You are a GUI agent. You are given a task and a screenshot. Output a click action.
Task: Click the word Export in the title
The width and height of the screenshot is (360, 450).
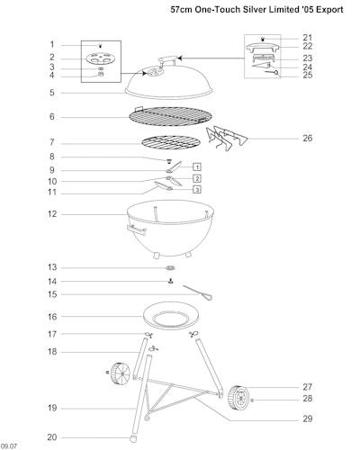pos(329,10)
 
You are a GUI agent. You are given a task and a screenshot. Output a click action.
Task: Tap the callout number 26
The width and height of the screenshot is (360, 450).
pos(308,139)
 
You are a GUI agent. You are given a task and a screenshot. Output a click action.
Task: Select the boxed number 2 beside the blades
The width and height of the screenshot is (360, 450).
pos(197,178)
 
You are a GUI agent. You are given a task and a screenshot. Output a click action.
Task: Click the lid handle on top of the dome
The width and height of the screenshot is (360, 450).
pos(166,60)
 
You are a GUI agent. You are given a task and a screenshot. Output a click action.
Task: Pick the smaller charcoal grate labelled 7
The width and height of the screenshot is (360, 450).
pos(171,143)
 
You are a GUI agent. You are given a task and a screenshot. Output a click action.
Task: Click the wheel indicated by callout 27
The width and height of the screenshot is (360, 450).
pos(238,398)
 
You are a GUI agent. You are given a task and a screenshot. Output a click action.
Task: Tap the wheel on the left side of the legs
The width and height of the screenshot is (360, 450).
pos(120,374)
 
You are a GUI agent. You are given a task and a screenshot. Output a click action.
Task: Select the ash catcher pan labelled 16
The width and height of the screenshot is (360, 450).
pos(171,316)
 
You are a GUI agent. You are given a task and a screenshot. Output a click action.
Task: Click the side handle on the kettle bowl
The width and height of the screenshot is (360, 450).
pos(136,230)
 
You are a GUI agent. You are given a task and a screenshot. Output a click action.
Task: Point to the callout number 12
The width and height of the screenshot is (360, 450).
pos(52,214)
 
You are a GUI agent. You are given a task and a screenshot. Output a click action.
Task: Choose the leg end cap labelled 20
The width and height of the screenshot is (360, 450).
pos(133,438)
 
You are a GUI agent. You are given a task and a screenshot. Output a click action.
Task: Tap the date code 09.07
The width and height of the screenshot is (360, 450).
pos(9,446)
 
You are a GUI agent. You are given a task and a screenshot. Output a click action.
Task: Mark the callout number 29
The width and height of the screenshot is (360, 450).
pos(308,418)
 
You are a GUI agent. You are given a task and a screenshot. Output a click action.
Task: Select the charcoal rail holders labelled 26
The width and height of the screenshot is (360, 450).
pos(227,138)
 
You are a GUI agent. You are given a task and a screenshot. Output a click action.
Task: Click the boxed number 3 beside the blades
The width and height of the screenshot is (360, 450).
pos(197,190)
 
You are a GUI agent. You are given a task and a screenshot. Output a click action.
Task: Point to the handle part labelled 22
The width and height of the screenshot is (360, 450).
pos(263,48)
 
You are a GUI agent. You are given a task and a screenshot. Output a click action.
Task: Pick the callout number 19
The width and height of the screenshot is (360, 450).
pos(52,409)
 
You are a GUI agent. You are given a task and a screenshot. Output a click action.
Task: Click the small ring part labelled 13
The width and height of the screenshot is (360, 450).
pos(170,267)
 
